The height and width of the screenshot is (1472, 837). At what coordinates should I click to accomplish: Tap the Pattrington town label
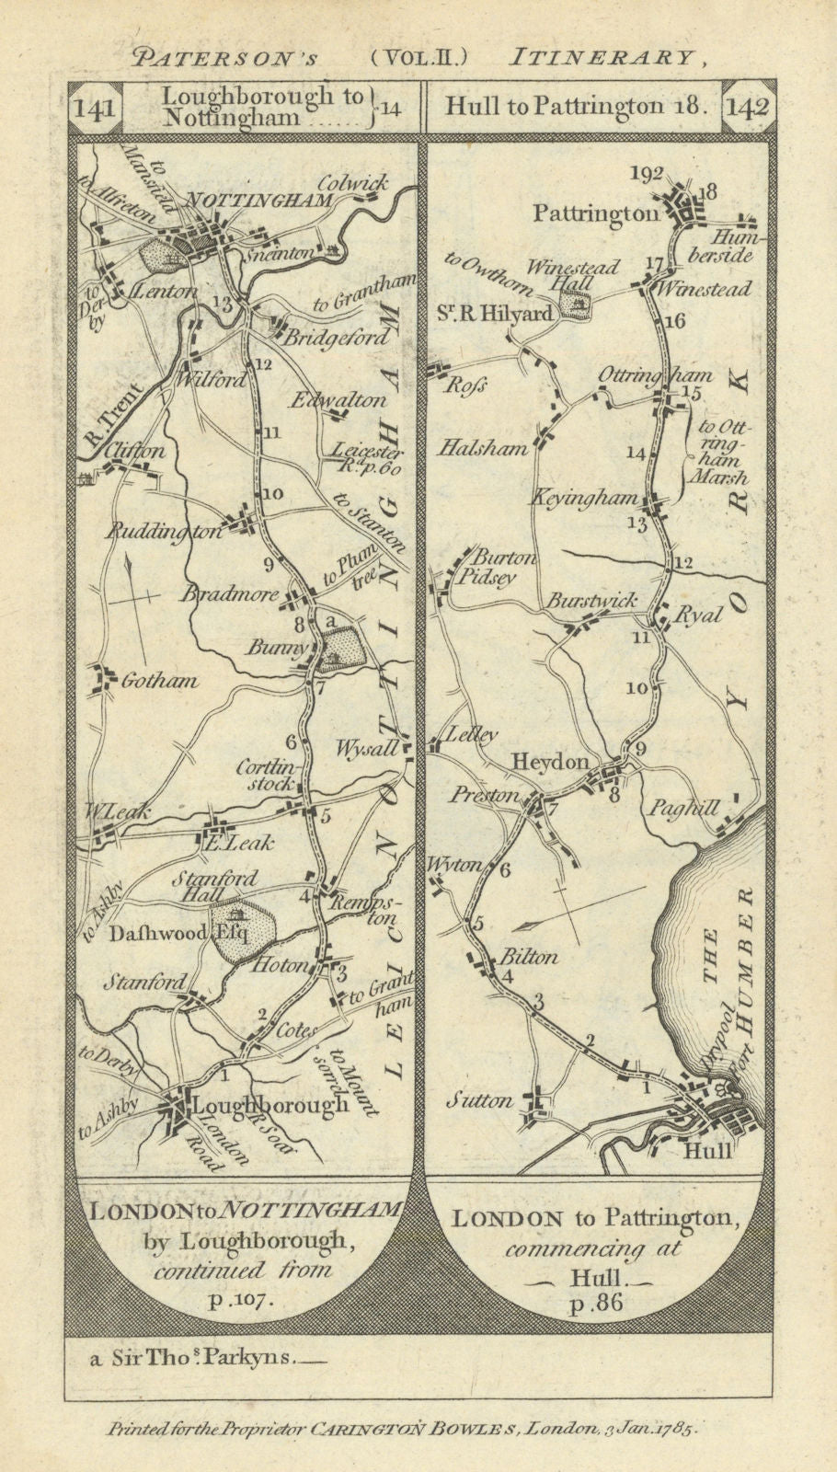tap(597, 213)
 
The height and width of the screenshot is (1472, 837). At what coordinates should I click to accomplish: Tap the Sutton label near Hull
tap(480, 1100)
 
